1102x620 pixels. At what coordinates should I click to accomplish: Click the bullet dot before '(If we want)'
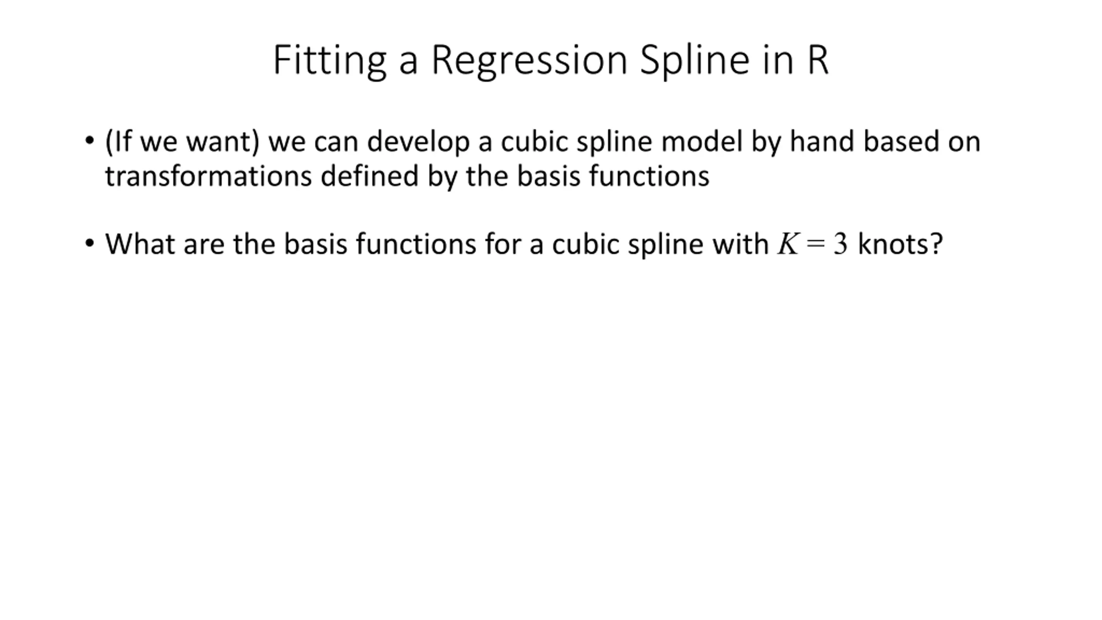tap(90, 140)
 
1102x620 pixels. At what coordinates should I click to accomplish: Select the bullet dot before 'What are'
tap(90, 243)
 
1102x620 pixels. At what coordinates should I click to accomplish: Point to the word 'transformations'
tap(208, 176)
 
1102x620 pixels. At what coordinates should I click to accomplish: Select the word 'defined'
tap(369, 176)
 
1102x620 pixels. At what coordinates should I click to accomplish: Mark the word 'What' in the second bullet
tap(140, 244)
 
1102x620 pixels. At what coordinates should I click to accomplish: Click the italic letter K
tap(787, 244)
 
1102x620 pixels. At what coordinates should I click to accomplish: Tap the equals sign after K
tap(816, 244)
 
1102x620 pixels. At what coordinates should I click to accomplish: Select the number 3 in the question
tap(840, 244)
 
